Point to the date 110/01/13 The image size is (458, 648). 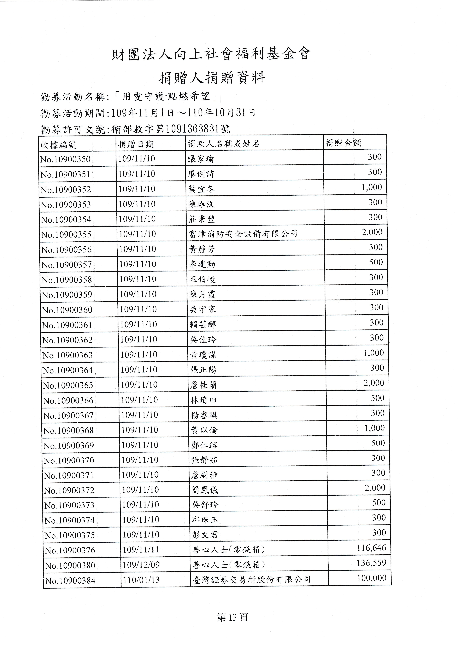(x=141, y=580)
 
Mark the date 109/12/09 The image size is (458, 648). (x=141, y=565)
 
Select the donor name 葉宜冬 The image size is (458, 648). (x=201, y=189)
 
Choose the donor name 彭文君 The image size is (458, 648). (x=205, y=535)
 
